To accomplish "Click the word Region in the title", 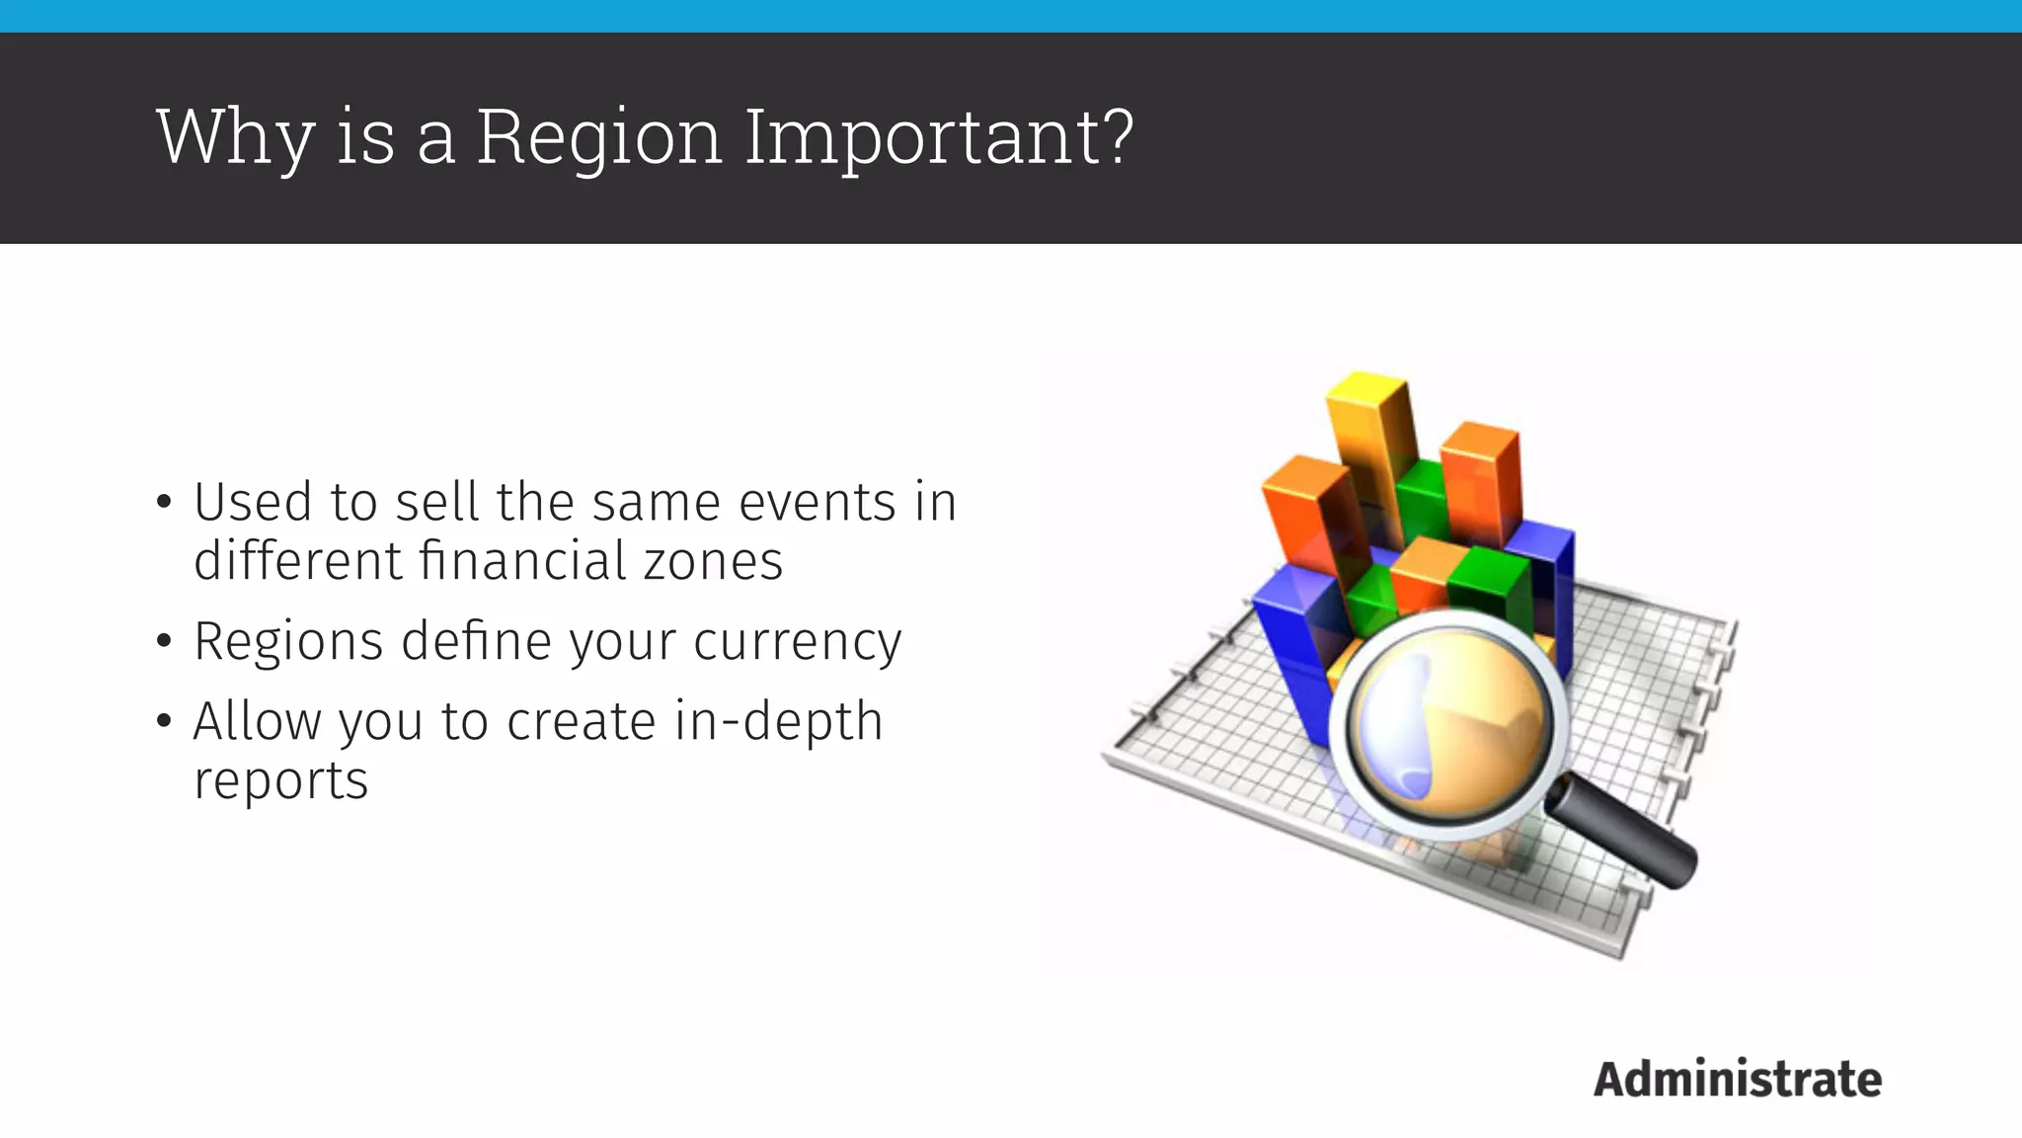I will coord(599,138).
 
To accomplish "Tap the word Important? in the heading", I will coord(939,138).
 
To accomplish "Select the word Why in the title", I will coord(235,138).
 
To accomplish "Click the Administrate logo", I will coord(1738,1079).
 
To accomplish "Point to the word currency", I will coord(797,642).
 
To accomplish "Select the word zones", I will coord(713,561).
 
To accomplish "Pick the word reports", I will coord(280,780).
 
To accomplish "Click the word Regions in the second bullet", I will coord(288,642).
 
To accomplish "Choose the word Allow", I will coord(258,720).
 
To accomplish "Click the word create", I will coord(581,720).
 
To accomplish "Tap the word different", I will coord(296,561).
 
